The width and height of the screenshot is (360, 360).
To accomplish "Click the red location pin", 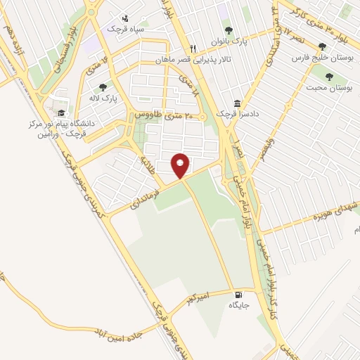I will tap(181, 165).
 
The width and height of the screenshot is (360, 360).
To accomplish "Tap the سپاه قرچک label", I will tap(124, 29).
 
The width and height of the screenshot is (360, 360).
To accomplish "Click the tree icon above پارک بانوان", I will tap(228, 30).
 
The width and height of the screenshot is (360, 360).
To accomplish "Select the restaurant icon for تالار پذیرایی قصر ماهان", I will tap(193, 49).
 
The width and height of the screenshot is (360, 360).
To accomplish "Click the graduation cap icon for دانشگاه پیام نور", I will tap(62, 112).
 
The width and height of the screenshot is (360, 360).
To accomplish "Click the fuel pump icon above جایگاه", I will tap(238, 295).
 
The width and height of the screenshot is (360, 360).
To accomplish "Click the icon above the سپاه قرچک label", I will tap(124, 18).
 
